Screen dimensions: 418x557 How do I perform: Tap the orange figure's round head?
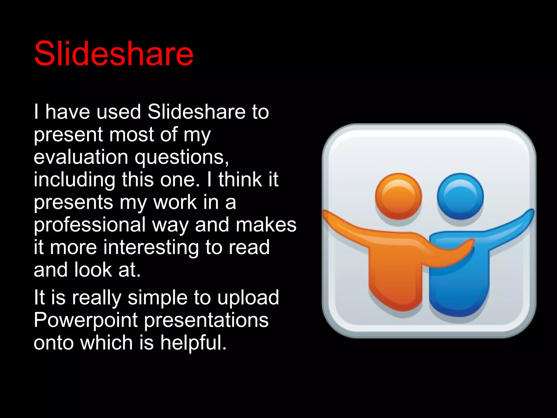point(398,196)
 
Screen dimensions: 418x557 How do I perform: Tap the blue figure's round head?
point(460,196)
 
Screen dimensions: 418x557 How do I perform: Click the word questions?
point(182,158)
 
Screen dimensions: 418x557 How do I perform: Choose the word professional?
point(89,225)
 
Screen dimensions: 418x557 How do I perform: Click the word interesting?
point(151,248)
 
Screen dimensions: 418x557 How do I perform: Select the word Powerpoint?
point(86,320)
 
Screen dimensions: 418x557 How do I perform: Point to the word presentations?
point(206,320)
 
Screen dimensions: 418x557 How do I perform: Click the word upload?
point(248,298)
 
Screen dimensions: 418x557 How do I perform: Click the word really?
point(97,298)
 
